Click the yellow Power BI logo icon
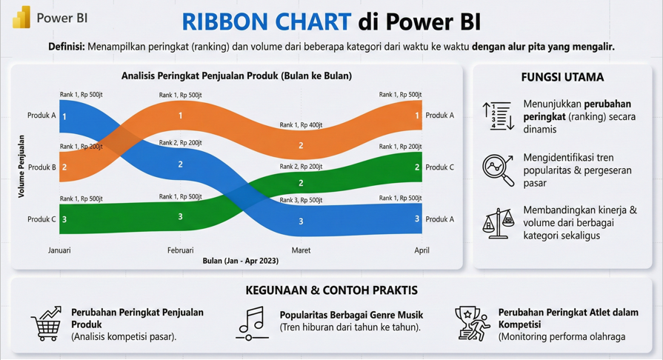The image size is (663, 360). click(21, 17)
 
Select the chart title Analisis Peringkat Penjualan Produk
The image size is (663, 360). click(236, 76)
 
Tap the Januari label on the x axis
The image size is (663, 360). click(59, 250)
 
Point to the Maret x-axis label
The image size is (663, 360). click(301, 250)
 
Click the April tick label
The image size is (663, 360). click(422, 250)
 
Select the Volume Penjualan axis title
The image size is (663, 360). click(21, 166)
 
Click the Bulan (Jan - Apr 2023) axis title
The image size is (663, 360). click(241, 261)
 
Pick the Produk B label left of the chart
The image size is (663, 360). click(42, 167)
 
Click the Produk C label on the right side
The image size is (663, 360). click(440, 167)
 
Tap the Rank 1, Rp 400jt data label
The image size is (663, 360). click(301, 124)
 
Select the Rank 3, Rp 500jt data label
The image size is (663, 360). click(301, 200)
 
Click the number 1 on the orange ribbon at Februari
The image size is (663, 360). click(181, 116)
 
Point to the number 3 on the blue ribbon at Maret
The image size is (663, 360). click(301, 221)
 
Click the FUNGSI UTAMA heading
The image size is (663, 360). click(562, 77)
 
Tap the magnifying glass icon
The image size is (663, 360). click(498, 170)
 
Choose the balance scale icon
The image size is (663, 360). click(498, 223)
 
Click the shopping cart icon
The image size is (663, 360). click(47, 324)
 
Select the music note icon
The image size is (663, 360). click(252, 323)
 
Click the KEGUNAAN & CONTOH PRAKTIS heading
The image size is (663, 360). click(332, 290)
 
